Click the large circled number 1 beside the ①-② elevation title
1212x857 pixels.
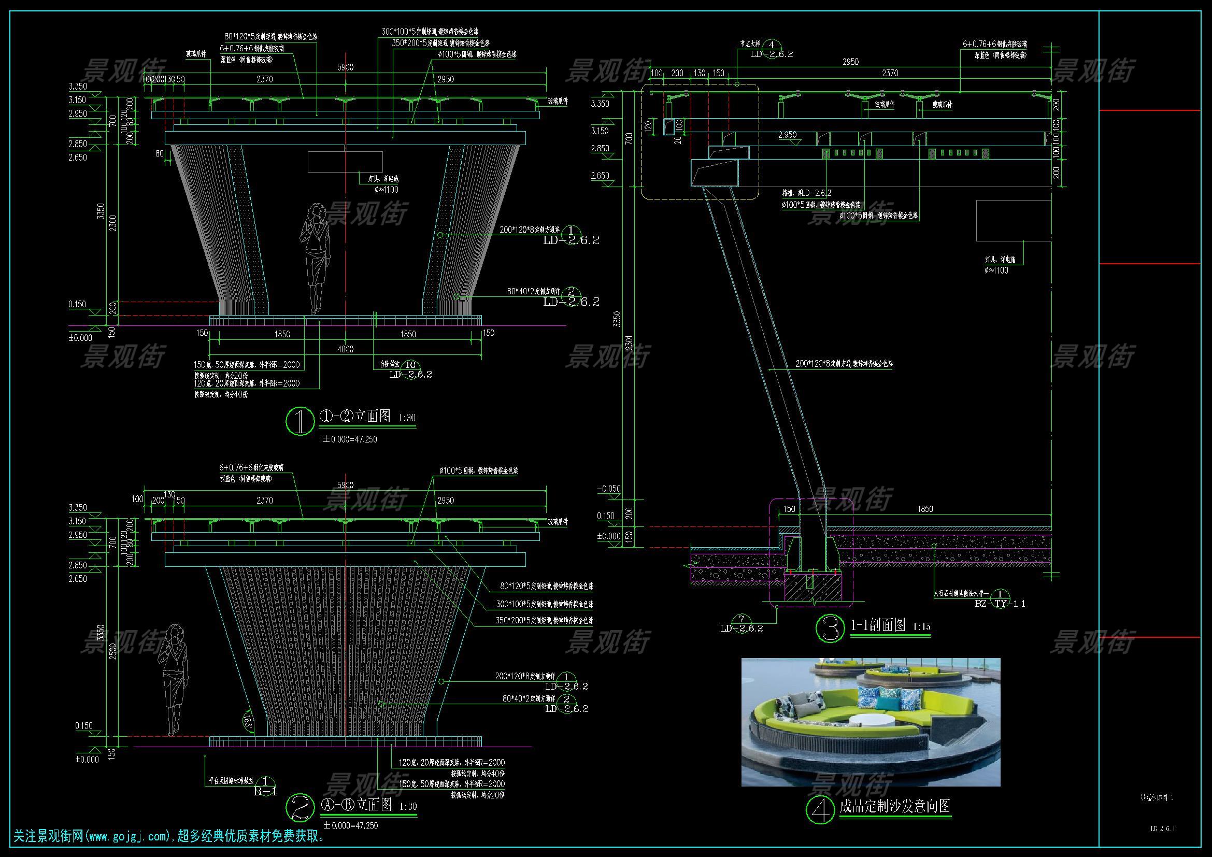coord(300,421)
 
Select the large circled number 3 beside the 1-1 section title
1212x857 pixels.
coord(830,627)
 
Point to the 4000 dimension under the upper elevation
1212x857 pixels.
coord(345,349)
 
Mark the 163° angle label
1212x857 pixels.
coord(248,720)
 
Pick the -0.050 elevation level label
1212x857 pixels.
coord(609,489)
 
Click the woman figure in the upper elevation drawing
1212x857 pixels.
coord(316,259)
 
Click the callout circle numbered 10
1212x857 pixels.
coord(410,365)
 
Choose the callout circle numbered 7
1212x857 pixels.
coord(742,619)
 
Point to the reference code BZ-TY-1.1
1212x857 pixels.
coord(1000,604)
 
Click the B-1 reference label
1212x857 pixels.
coord(265,792)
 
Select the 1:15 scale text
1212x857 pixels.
coord(921,627)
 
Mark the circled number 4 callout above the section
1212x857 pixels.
coord(772,45)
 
